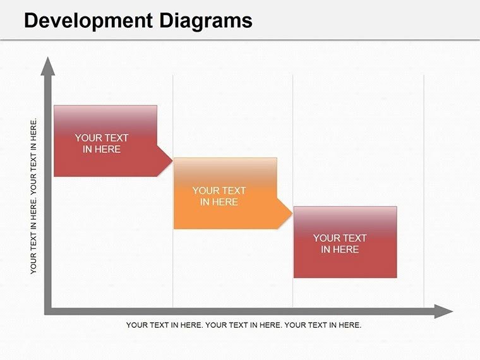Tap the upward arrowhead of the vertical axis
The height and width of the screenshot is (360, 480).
click(x=47, y=65)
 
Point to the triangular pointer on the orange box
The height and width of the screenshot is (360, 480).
click(x=285, y=214)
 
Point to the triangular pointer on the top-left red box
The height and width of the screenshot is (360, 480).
click(x=165, y=161)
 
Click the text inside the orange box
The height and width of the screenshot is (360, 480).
click(x=219, y=196)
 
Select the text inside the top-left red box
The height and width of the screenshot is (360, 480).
click(x=102, y=143)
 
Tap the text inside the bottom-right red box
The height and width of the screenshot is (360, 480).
click(x=340, y=244)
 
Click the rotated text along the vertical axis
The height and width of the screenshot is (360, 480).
click(x=34, y=196)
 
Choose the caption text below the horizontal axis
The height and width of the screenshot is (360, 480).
click(x=244, y=325)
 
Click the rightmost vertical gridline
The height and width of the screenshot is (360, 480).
click(x=424, y=189)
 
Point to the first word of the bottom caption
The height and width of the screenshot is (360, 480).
click(x=136, y=325)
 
